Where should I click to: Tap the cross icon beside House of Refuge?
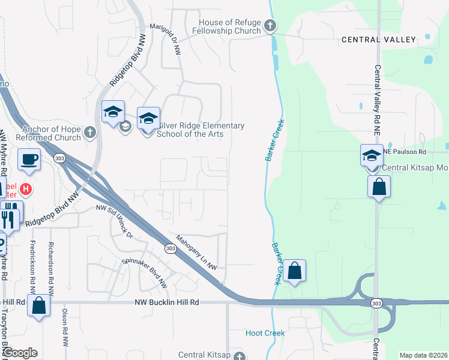point(270,26)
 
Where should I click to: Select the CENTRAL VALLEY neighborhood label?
point(378,40)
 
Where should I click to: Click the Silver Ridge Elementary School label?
point(200,130)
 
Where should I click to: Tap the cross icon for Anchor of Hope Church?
point(90,132)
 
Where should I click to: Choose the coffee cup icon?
point(29,160)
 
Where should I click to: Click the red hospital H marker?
point(25,190)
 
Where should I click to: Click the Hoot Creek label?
point(265,333)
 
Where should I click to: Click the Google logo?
point(20,353)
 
